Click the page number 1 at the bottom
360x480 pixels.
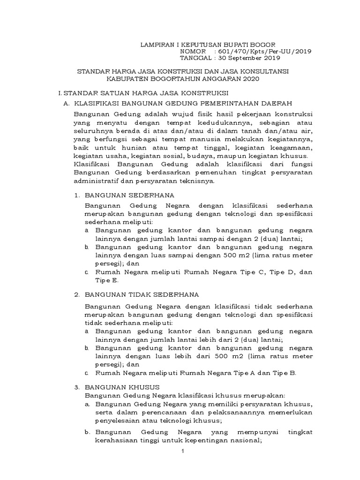(183, 451)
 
